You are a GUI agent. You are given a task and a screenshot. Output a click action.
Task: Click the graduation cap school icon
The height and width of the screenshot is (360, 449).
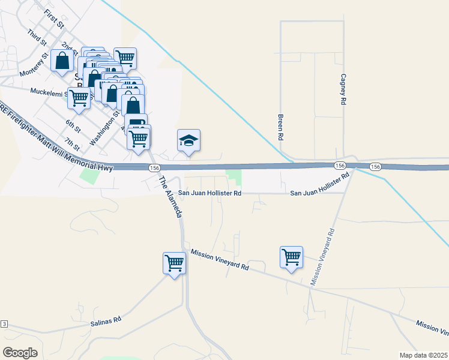point(188,141)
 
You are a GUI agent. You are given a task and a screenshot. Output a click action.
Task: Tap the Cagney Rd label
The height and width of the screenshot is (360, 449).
point(343,90)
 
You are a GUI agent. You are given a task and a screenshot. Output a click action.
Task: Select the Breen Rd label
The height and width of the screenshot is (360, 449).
point(280,127)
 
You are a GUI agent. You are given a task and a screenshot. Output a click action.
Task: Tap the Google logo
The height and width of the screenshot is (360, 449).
point(20,353)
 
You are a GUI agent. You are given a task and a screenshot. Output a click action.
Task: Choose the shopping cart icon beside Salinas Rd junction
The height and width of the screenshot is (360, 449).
point(174,263)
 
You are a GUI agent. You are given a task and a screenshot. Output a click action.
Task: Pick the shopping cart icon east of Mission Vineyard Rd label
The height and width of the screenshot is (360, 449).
point(291,257)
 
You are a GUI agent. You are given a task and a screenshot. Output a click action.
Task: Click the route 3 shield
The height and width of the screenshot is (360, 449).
point(4,324)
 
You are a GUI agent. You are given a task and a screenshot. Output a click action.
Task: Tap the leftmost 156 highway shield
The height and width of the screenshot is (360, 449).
point(154,168)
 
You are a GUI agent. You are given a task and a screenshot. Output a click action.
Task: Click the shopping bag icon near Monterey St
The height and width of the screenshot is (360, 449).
point(62,61)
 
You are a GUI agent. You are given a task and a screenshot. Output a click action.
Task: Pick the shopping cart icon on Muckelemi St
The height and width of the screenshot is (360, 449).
point(79,98)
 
